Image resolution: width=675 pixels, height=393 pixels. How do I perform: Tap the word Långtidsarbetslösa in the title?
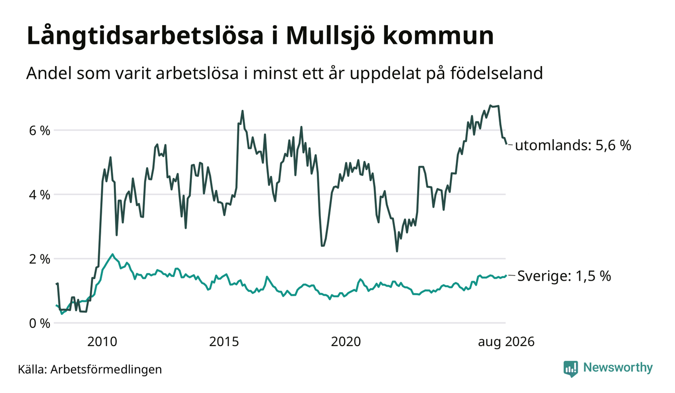[x=145, y=36]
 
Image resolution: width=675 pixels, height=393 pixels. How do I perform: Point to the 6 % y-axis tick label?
[x=39, y=131]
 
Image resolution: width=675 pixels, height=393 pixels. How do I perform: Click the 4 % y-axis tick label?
[x=39, y=195]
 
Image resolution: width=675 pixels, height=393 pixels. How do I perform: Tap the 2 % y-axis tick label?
[x=39, y=259]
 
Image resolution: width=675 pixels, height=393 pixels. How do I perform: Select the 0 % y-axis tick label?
[x=39, y=323]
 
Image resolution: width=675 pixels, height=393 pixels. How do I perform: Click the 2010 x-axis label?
[x=102, y=342]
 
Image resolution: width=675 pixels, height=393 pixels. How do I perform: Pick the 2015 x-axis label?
[x=224, y=342]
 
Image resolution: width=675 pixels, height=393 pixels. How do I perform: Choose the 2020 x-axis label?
[x=346, y=342]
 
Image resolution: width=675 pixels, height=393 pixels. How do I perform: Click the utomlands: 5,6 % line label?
[x=573, y=145]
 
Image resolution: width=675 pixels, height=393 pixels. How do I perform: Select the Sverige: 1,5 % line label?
[x=564, y=276]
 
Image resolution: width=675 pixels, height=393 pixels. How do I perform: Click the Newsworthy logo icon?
[x=571, y=369]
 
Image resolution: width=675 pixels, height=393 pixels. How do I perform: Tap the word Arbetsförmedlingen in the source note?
[x=106, y=369]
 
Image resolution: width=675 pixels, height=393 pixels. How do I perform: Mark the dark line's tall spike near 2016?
[x=242, y=111]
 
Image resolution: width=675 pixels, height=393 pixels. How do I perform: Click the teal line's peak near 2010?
[x=112, y=254]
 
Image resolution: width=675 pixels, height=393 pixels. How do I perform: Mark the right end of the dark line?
[x=506, y=144]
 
